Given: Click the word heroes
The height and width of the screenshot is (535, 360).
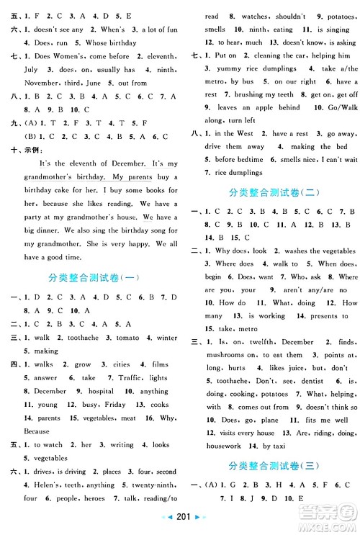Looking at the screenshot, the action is [94, 498].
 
